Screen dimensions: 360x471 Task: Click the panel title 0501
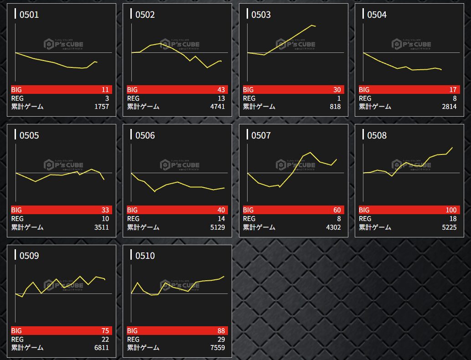[29, 15]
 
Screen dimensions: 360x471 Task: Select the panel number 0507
[261, 135]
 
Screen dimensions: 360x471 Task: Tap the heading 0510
[145, 256]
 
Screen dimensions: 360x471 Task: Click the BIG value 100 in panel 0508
[450, 210]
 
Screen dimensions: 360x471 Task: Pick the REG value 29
[221, 339]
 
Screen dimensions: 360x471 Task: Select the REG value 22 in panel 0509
[105, 339]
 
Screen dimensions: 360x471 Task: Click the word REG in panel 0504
[365, 98]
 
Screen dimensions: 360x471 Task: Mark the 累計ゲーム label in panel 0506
[143, 227]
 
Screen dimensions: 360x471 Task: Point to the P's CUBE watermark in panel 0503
[295, 44]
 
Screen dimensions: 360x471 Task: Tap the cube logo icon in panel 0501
[48, 44]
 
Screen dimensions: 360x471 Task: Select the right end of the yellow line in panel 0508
[452, 147]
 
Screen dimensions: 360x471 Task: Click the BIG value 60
[336, 210]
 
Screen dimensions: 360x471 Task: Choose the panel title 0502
[145, 15]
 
